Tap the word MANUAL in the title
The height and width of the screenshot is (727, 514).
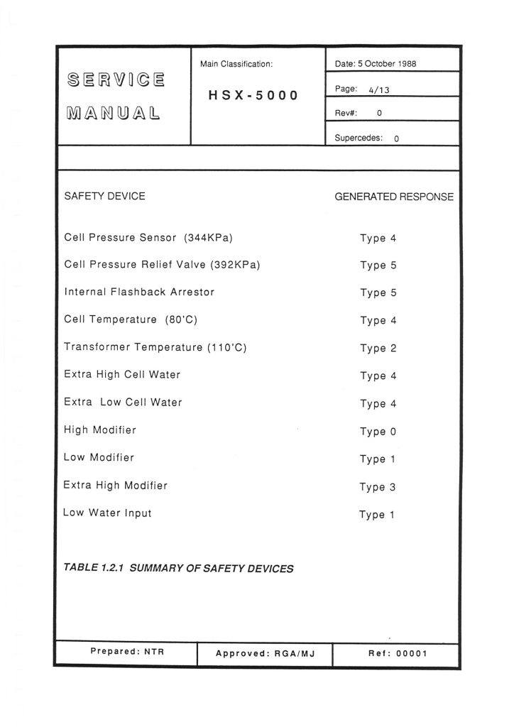pyautogui.click(x=112, y=112)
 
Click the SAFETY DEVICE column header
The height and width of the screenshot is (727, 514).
pyautogui.click(x=104, y=196)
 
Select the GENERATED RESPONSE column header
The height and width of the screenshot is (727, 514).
pyautogui.click(x=393, y=197)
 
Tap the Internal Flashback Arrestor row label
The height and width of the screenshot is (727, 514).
pyautogui.click(x=138, y=292)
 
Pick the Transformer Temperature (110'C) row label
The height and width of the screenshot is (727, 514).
pyautogui.click(x=155, y=347)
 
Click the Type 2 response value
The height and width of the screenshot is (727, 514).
pyautogui.click(x=378, y=348)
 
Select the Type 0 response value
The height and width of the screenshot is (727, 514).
pyautogui.click(x=378, y=432)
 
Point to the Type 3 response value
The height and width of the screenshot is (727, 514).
pyautogui.click(x=377, y=487)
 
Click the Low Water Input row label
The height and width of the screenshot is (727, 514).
pyautogui.click(x=107, y=513)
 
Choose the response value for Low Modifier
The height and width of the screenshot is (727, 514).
pyautogui.click(x=377, y=459)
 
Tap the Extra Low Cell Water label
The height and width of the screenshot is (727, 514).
pyautogui.click(x=123, y=403)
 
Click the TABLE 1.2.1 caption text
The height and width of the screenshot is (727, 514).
pyautogui.click(x=178, y=568)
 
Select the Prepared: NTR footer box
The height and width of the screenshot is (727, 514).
pyautogui.click(x=126, y=652)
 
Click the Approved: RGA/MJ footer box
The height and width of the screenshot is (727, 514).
pyautogui.click(x=264, y=654)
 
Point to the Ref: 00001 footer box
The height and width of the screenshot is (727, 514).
pyautogui.click(x=397, y=653)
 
